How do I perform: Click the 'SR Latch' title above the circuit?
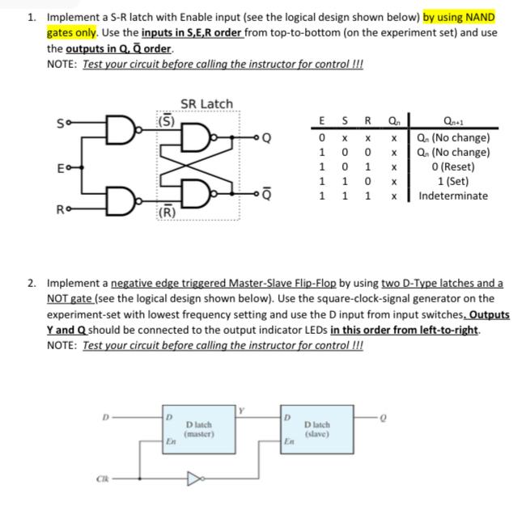pos(206,103)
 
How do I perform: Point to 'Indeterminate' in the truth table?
pos(454,196)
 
